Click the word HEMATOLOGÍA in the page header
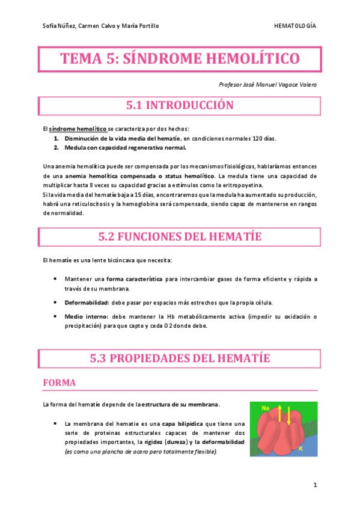[294, 26]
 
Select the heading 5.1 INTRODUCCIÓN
[179, 105]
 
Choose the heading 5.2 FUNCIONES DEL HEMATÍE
[180, 236]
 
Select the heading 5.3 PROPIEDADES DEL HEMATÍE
[180, 358]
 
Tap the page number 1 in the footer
[314, 484]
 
